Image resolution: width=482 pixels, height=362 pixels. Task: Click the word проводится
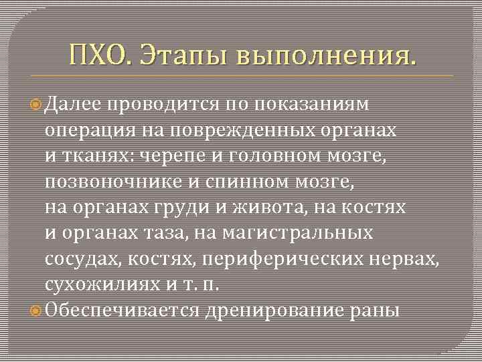(157, 105)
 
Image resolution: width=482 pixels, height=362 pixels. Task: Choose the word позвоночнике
(112, 182)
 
